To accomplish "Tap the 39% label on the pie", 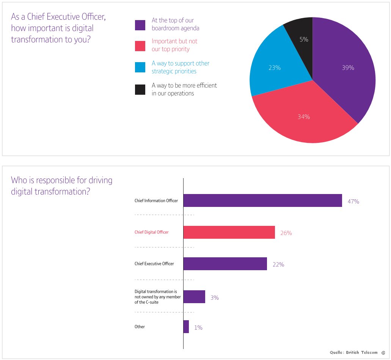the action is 348,67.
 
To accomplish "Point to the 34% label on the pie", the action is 304,117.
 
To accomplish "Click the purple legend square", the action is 140,25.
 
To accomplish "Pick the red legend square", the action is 140,46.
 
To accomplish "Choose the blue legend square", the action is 140,67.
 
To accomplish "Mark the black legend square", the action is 140,90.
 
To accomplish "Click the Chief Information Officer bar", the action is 263,200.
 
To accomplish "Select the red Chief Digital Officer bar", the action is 229,232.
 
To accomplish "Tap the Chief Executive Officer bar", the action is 225,264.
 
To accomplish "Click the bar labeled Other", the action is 186,327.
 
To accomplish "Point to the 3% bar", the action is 194,297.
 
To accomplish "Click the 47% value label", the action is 353,201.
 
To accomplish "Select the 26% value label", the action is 286,233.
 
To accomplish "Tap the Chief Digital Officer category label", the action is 152,232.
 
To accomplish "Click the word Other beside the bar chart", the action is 140,327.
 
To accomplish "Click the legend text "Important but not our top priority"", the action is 174,45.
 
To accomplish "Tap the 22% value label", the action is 278,265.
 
